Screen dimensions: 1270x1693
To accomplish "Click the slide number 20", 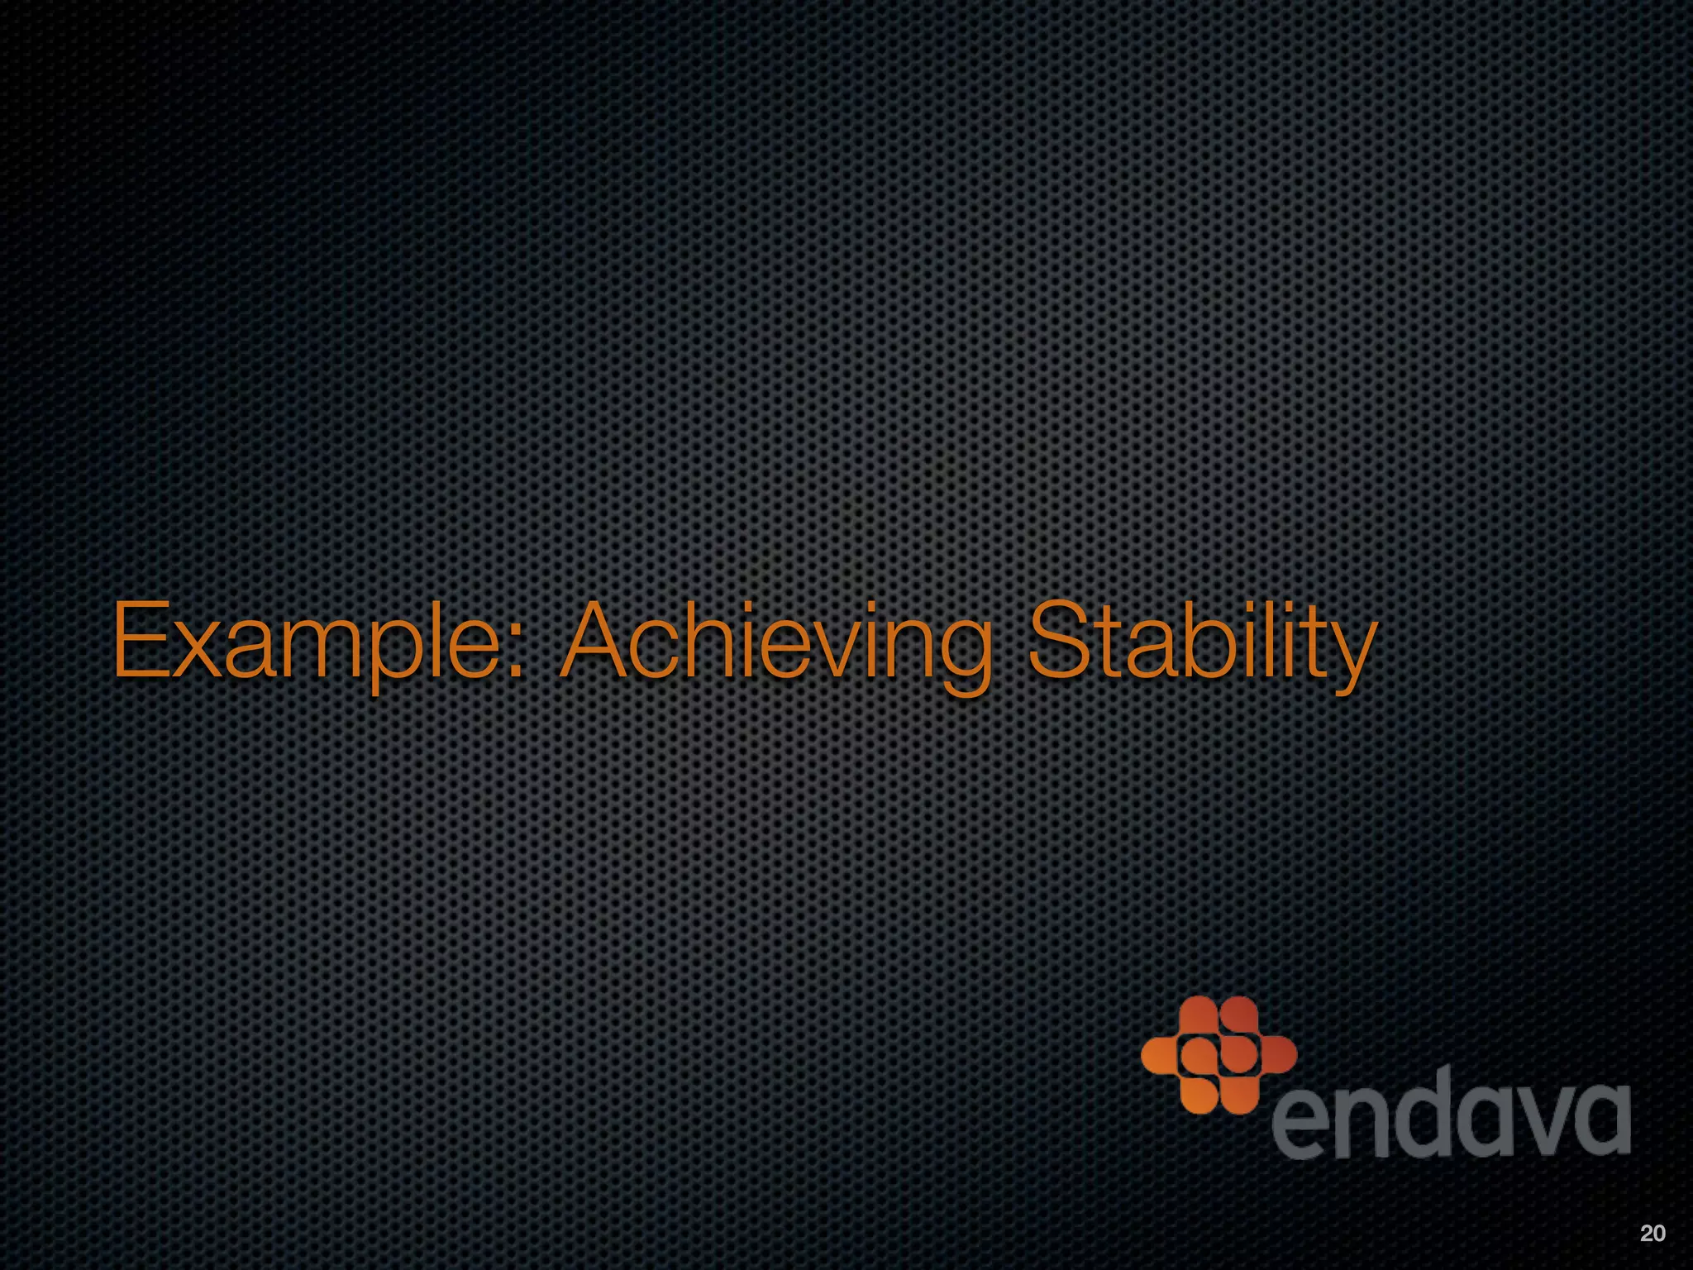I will pos(1652,1234).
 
